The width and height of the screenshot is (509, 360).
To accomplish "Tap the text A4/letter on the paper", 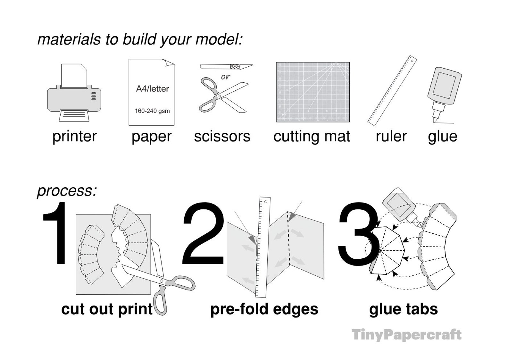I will (x=152, y=89).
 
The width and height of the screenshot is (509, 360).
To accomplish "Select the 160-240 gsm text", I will (x=152, y=111).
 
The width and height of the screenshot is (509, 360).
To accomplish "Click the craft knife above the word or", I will (x=226, y=67).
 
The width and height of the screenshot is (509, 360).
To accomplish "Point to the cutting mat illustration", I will (x=313, y=92).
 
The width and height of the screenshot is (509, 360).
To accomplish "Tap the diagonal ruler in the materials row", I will (x=392, y=90).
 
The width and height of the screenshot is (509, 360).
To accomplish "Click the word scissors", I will (x=222, y=136).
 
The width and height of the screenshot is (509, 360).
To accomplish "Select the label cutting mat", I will (x=312, y=136).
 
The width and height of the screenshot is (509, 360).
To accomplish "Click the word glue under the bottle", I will (x=442, y=136).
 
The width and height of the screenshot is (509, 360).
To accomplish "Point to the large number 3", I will (x=357, y=234).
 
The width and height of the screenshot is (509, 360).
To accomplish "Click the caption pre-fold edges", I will (x=264, y=309).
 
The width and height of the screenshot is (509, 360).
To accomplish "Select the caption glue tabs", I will (x=403, y=309).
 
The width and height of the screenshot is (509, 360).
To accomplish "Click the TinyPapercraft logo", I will (x=406, y=335).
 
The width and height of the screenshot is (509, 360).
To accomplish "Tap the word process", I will (x=66, y=191).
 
